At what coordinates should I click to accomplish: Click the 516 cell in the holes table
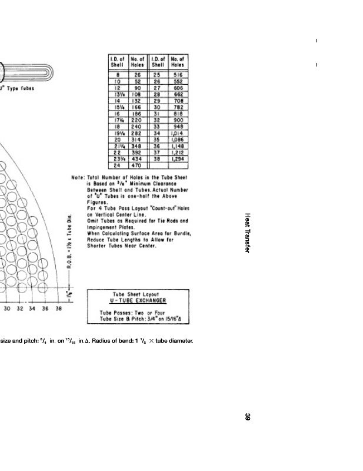[177, 75]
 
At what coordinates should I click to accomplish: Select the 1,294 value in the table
[177, 159]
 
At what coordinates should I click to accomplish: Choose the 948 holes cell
[177, 127]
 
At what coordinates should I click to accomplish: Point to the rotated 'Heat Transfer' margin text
[248, 233]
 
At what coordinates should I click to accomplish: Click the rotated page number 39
[248, 417]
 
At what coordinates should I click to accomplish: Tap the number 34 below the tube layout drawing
[32, 309]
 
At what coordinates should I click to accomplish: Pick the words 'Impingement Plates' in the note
[112, 227]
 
